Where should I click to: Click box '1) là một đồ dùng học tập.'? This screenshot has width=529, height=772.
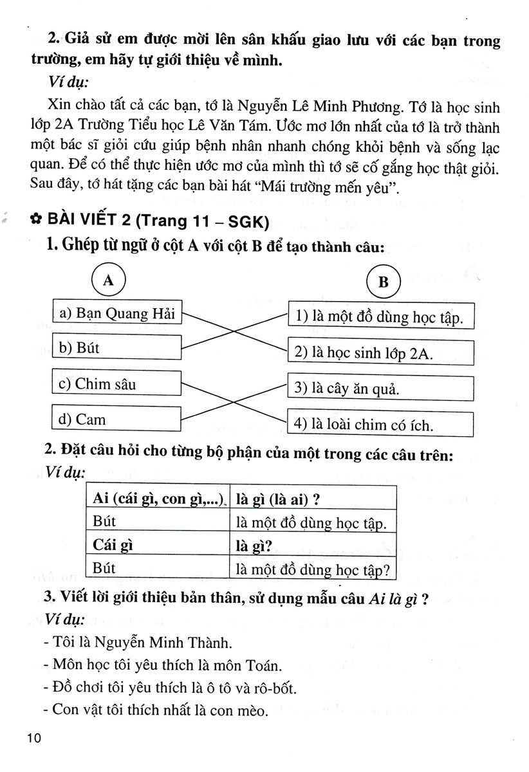(380, 317)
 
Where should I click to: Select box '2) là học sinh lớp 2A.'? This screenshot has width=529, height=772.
(380, 353)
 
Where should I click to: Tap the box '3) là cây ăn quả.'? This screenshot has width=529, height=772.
(380, 389)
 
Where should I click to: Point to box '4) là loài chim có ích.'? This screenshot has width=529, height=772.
(380, 425)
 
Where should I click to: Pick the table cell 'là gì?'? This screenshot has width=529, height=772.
(312, 545)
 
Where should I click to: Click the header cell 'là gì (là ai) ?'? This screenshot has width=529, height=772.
(312, 499)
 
